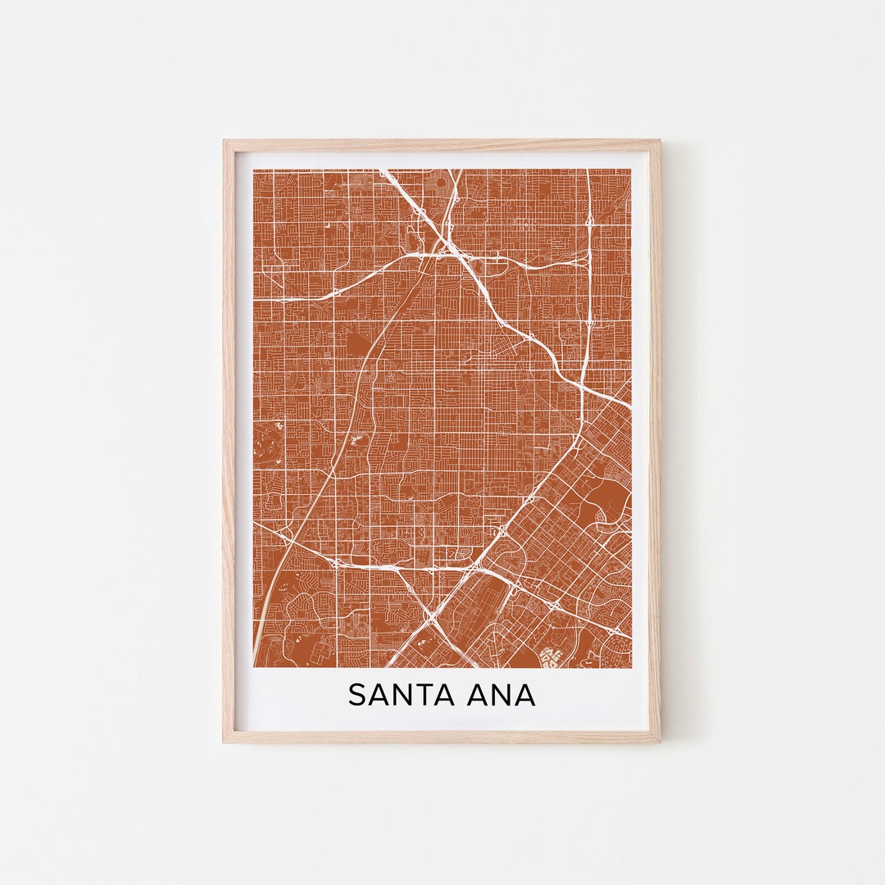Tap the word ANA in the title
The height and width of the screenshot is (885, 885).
coord(501,695)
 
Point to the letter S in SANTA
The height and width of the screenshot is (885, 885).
coord(356,695)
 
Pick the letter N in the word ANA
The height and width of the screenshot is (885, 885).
coord(501,695)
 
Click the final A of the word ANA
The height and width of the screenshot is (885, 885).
coord(524,695)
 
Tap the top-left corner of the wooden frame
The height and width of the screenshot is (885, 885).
coord(225,142)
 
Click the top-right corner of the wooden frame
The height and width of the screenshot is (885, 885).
coord(659,142)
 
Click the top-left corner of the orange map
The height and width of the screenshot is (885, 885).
coord(254,170)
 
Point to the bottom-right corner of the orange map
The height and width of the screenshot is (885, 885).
coord(630,666)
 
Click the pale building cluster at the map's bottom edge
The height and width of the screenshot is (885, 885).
coord(549,658)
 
